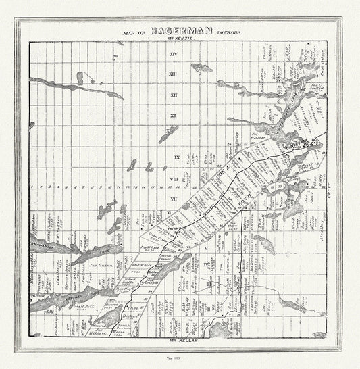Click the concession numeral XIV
174,53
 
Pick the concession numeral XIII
174,74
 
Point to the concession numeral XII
174,95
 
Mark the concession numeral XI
174,116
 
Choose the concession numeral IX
176,157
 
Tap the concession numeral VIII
174,178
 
